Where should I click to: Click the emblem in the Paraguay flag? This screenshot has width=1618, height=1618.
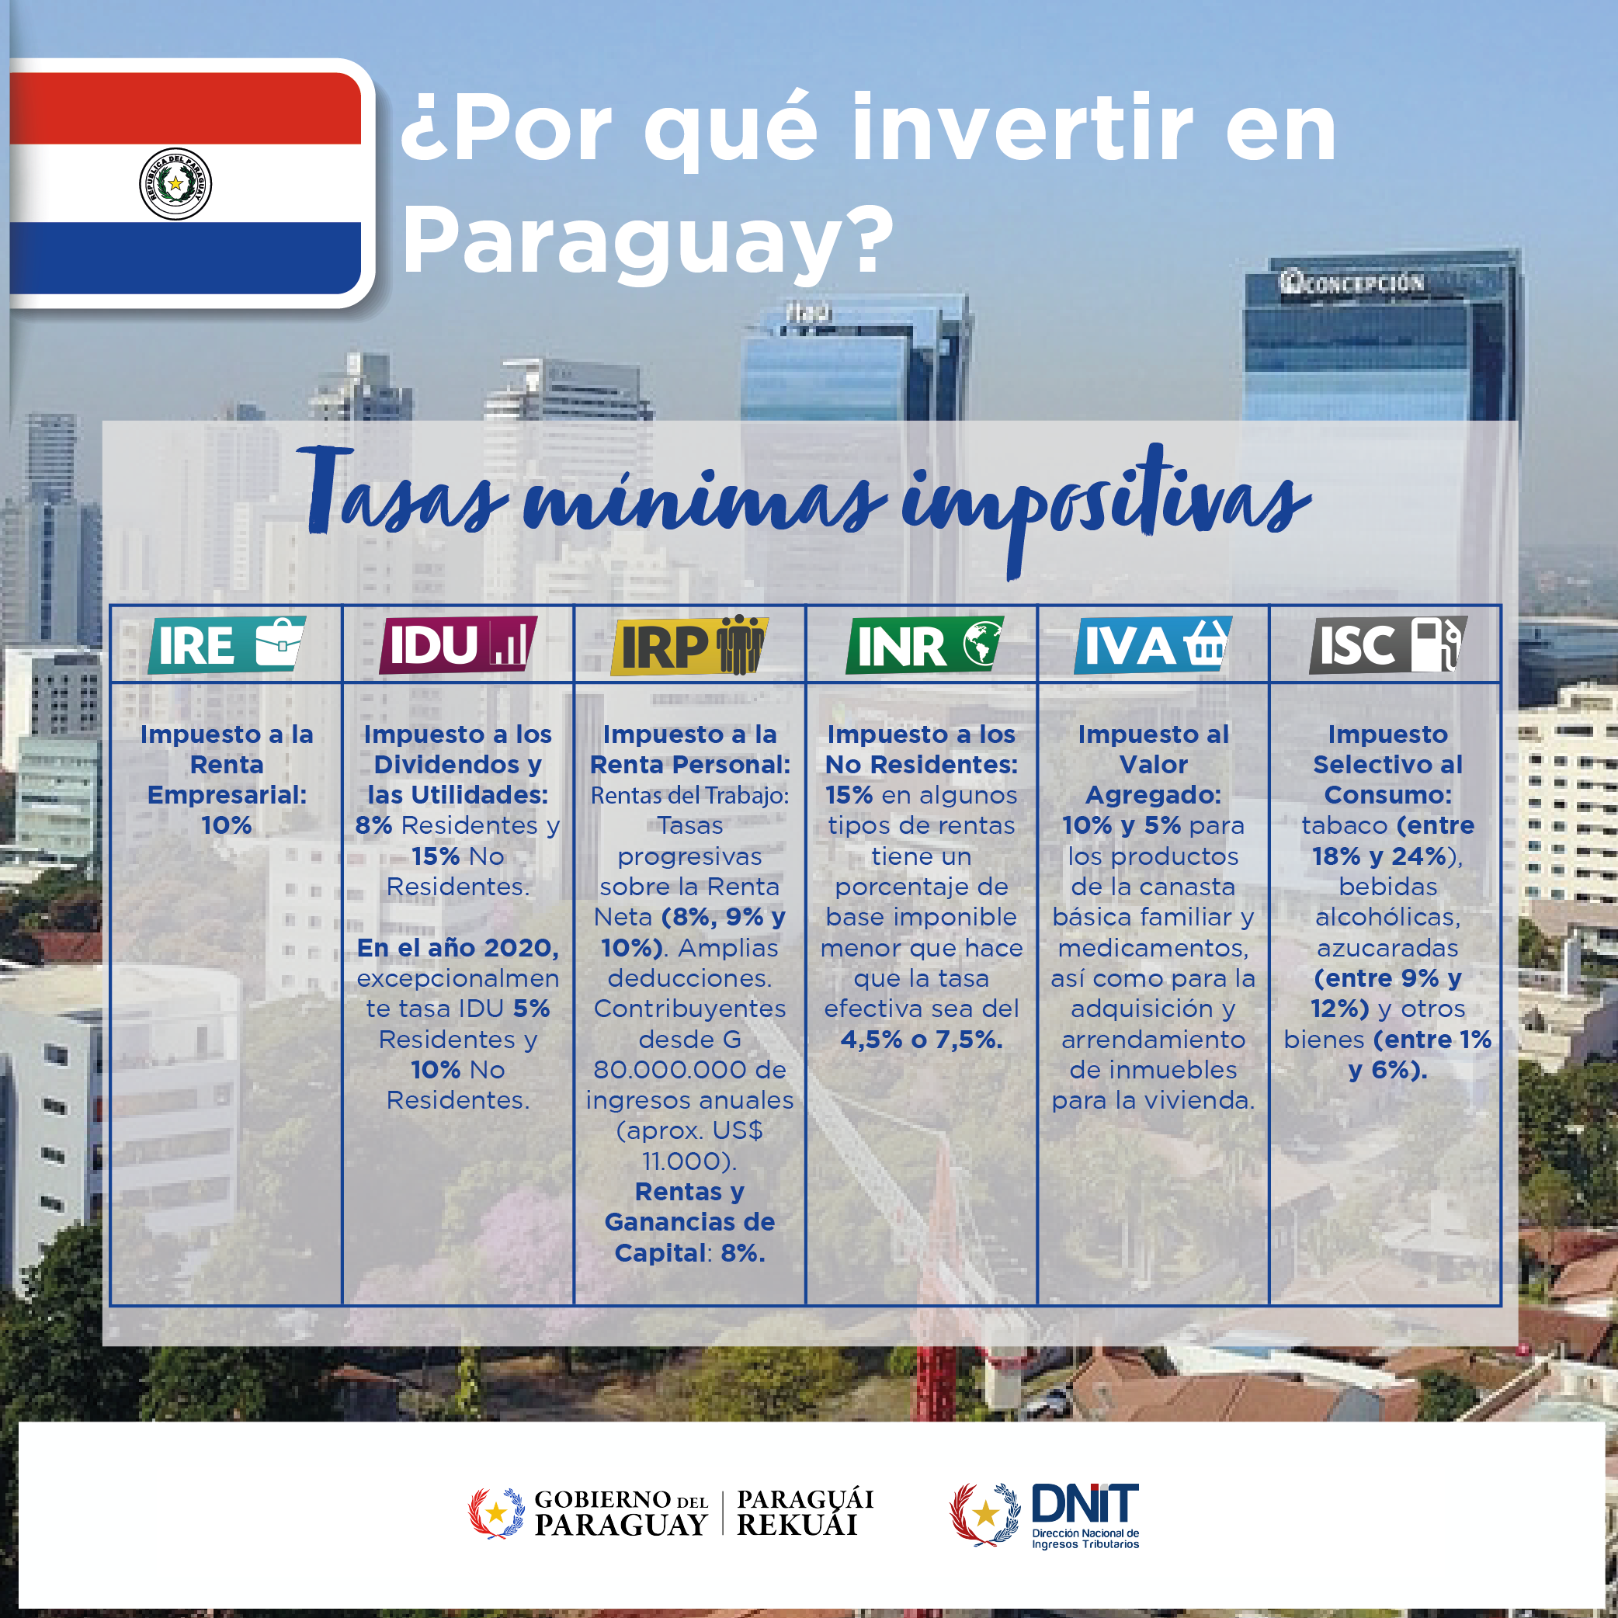click(x=175, y=183)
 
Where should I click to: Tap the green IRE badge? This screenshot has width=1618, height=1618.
click(x=227, y=645)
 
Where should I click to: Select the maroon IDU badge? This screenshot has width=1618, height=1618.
click(x=458, y=645)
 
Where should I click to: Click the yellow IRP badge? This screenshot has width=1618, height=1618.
click(x=689, y=645)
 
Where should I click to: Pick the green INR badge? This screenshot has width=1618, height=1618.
click(x=925, y=645)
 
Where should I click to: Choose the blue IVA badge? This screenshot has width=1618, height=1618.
click(x=1153, y=645)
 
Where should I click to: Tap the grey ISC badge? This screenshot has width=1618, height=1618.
click(x=1387, y=645)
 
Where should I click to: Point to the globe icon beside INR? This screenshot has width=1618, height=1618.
click(x=981, y=644)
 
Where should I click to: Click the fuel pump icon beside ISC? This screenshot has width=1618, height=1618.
click(x=1437, y=644)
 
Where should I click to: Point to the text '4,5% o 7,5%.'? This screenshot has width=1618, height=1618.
click(x=922, y=1040)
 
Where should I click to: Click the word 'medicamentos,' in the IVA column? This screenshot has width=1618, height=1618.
click(x=1153, y=948)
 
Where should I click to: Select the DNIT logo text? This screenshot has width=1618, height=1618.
click(x=1085, y=1504)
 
